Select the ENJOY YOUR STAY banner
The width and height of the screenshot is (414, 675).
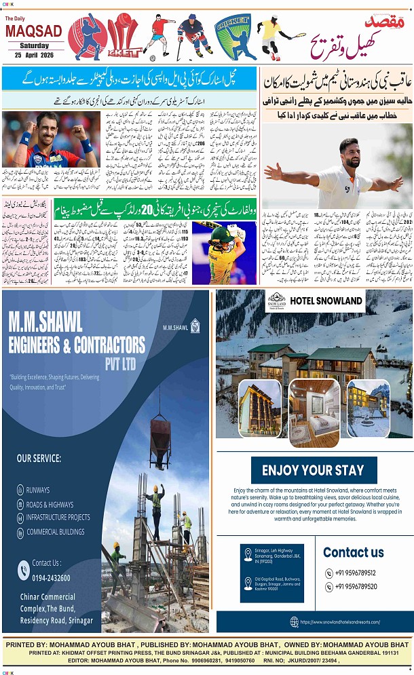[x=314, y=470]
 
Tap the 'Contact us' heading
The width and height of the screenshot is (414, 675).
[x=353, y=552]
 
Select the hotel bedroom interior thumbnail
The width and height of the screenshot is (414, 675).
[x=314, y=412]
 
